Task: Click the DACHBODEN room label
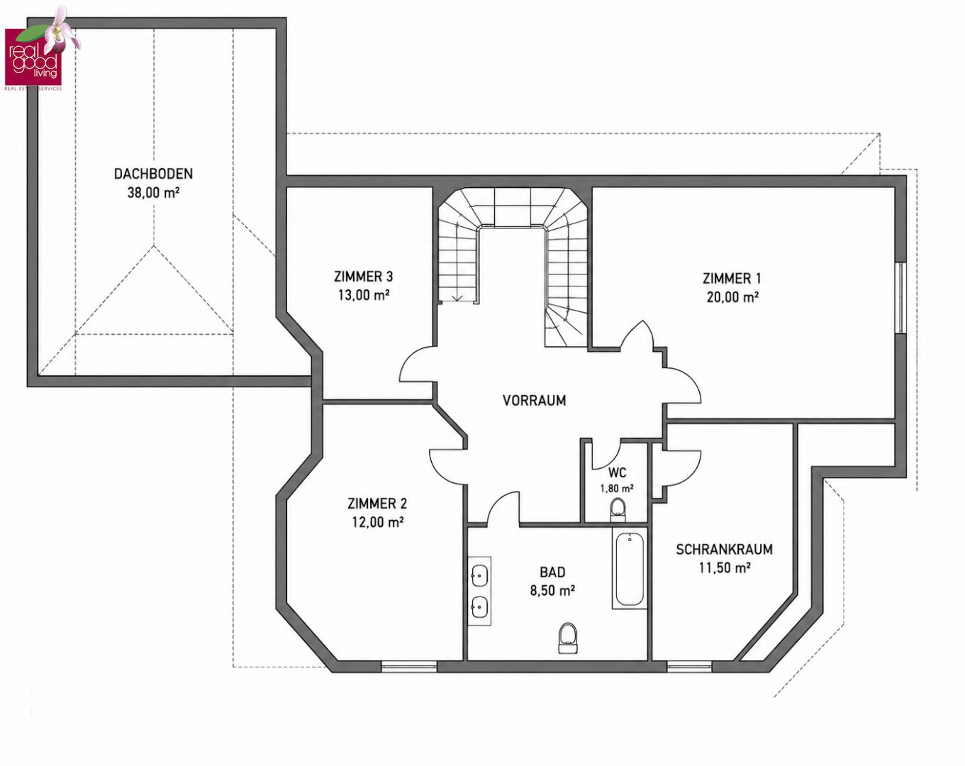tap(153, 174)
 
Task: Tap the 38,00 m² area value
tap(154, 193)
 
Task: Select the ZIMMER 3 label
tap(364, 277)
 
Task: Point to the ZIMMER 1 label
tap(732, 279)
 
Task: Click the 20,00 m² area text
tap(732, 297)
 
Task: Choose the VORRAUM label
tap(535, 400)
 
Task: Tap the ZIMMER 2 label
tap(377, 504)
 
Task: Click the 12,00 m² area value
tap(378, 523)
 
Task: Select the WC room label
tap(617, 472)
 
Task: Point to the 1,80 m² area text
tap(617, 489)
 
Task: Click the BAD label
tap(552, 572)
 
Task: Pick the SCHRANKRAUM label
tap(725, 550)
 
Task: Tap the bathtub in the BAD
tap(630, 568)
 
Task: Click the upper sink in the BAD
tap(479, 574)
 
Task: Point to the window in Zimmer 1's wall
tap(900, 298)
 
